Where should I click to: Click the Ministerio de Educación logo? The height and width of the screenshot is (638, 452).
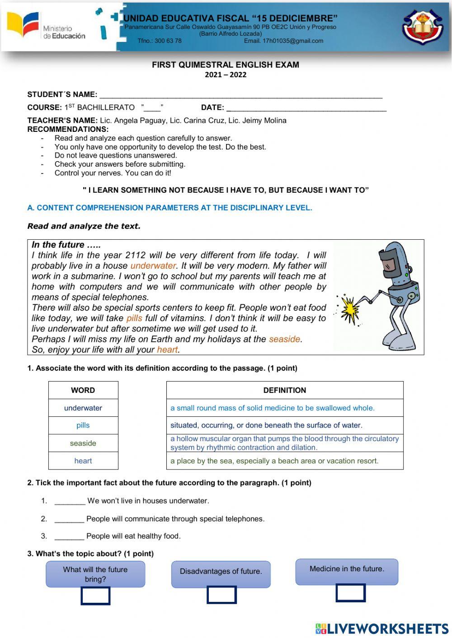[45, 27]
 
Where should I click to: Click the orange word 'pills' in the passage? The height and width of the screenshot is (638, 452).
[134, 318]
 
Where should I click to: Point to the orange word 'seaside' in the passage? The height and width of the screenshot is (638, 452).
[285, 339]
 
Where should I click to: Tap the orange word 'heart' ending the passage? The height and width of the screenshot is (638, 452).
[167, 349]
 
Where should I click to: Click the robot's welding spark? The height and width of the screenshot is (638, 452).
[349, 309]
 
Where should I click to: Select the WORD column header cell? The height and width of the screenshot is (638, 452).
[83, 390]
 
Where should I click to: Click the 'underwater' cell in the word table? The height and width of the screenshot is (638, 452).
[83, 408]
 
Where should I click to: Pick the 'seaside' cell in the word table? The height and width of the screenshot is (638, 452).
[83, 443]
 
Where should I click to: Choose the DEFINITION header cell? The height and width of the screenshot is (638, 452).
[285, 390]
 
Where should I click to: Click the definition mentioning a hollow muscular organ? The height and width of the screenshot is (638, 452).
[285, 443]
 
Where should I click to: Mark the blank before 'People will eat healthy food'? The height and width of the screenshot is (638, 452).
[69, 536]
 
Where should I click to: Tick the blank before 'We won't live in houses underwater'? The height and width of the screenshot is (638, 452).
[70, 501]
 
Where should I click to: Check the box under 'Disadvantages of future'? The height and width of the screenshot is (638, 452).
[221, 595]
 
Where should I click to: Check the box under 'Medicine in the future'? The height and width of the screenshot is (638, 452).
[350, 593]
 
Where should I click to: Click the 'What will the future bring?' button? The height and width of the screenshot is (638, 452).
[95, 574]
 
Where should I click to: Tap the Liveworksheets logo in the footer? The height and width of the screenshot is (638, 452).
[382, 629]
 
